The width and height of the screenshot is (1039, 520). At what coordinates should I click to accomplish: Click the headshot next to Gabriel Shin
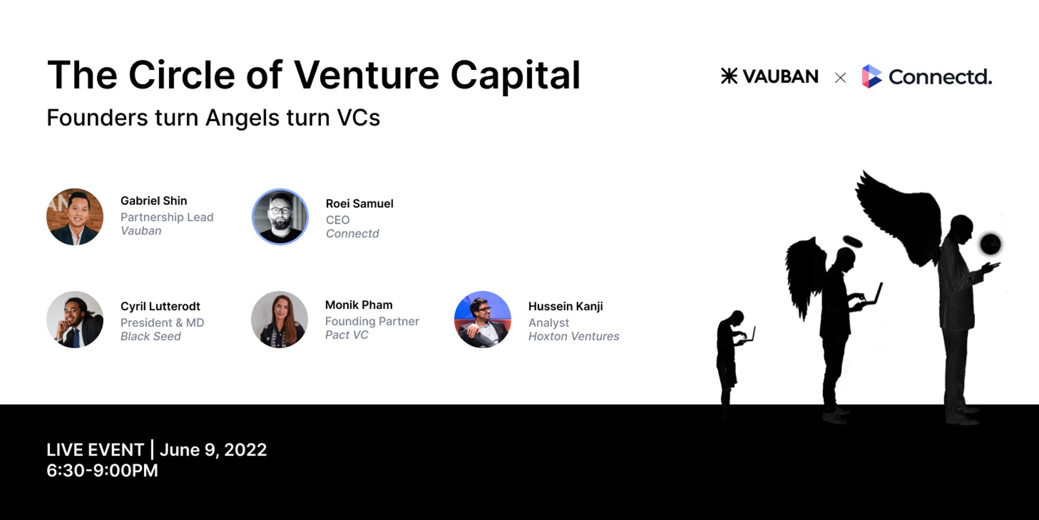coord(75,217)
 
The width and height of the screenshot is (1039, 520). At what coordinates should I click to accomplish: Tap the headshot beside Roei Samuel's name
coord(280,217)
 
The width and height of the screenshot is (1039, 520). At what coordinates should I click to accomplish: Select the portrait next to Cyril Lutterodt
coord(75,320)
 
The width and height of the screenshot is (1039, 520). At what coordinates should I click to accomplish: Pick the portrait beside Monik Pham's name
coord(279,320)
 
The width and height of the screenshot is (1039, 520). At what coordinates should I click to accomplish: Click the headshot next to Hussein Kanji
coord(483,320)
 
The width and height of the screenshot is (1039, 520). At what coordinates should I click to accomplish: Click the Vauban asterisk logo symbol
coord(729,76)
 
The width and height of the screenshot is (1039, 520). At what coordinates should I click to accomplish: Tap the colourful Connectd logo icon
coord(871,76)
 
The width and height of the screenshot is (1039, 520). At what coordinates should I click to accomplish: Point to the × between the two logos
coord(840,78)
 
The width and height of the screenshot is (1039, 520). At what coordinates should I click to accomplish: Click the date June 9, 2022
coord(213,450)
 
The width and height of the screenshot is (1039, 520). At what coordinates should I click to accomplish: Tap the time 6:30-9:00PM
coord(102,470)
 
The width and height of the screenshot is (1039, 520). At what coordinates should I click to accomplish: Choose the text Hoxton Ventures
coord(574,336)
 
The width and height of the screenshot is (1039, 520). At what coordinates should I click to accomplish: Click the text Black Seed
coord(150,336)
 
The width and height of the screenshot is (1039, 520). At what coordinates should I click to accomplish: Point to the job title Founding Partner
coord(372,321)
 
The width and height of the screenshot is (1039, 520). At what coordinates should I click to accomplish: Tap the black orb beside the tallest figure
coord(991,244)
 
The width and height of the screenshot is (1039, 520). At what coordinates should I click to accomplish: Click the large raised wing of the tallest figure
coord(898,217)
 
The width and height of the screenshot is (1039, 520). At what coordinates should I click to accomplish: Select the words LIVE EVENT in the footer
coord(95,450)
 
